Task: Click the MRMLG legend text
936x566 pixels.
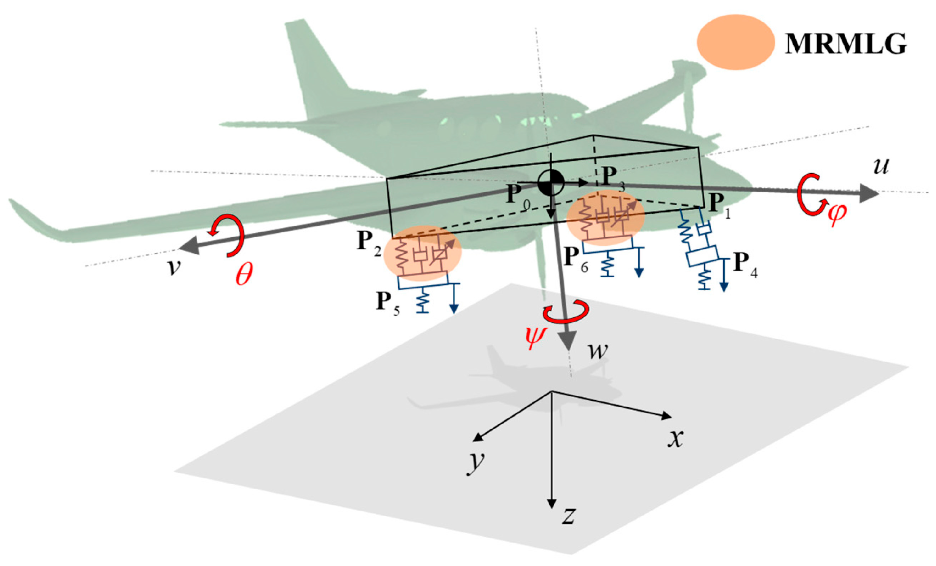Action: (x=846, y=44)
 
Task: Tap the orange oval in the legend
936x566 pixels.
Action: (x=736, y=42)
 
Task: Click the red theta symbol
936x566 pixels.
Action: (x=244, y=273)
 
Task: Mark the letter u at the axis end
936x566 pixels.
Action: (x=881, y=166)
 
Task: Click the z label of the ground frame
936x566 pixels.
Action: (x=568, y=516)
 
